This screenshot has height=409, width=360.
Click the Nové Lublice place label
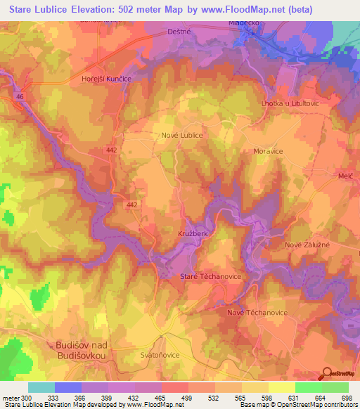(182, 135)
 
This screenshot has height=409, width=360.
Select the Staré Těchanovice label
(211, 276)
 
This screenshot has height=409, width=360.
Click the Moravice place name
(267, 151)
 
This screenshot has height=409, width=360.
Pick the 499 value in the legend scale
(187, 398)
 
